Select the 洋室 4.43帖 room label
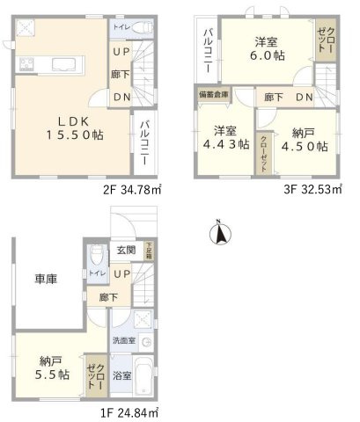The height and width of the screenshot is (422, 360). coord(222,135)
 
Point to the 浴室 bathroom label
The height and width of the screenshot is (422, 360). coord(121,375)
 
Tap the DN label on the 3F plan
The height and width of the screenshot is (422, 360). coord(304,96)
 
